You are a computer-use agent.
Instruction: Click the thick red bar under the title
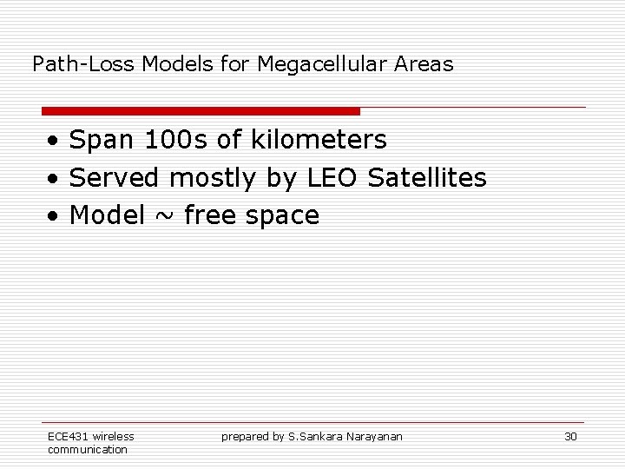[201, 111]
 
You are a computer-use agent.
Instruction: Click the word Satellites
[427, 177]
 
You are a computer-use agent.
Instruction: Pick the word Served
[115, 177]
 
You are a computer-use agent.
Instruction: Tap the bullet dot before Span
[54, 141]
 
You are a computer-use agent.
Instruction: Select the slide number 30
[570, 436]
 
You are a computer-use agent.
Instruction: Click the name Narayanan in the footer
[375, 436]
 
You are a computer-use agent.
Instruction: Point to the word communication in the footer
[88, 449]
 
